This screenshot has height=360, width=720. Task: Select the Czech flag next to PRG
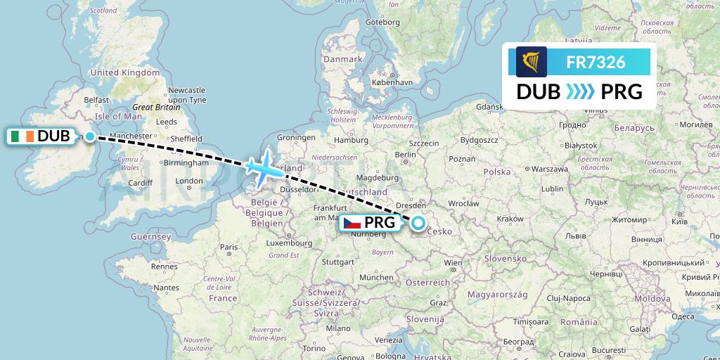(352, 224)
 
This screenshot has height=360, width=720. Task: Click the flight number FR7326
(596, 63)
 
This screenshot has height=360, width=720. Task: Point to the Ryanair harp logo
(532, 62)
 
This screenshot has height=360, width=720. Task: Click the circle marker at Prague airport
(418, 224)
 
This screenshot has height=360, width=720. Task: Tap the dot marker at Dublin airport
(89, 136)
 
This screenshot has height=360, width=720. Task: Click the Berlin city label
(406, 154)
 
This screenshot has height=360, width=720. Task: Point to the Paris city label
(229, 247)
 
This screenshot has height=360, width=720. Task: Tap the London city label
(189, 181)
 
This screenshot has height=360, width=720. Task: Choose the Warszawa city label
(549, 169)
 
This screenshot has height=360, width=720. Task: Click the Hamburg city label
(352, 140)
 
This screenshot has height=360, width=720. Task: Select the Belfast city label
(96, 100)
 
